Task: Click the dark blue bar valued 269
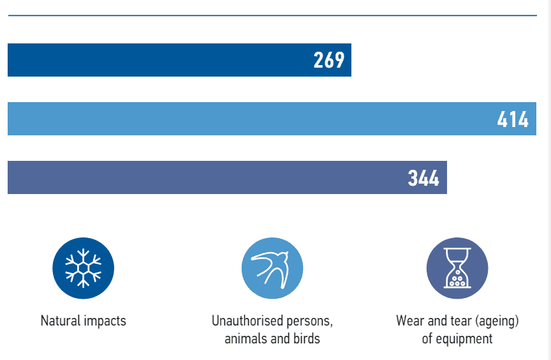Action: pyautogui.click(x=159, y=60)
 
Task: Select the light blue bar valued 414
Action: pyautogui.click(x=255, y=119)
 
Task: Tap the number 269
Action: pyautogui.click(x=329, y=60)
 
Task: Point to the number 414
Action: pyautogui.click(x=513, y=119)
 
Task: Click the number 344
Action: pyautogui.click(x=424, y=178)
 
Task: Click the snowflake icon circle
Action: pyautogui.click(x=83, y=268)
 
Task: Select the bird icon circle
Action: pyautogui.click(x=272, y=268)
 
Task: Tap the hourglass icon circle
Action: pyautogui.click(x=457, y=268)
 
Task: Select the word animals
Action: pyautogui.click(x=246, y=338)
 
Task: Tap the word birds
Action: pyautogui.click(x=305, y=338)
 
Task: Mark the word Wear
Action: pyautogui.click(x=409, y=320)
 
